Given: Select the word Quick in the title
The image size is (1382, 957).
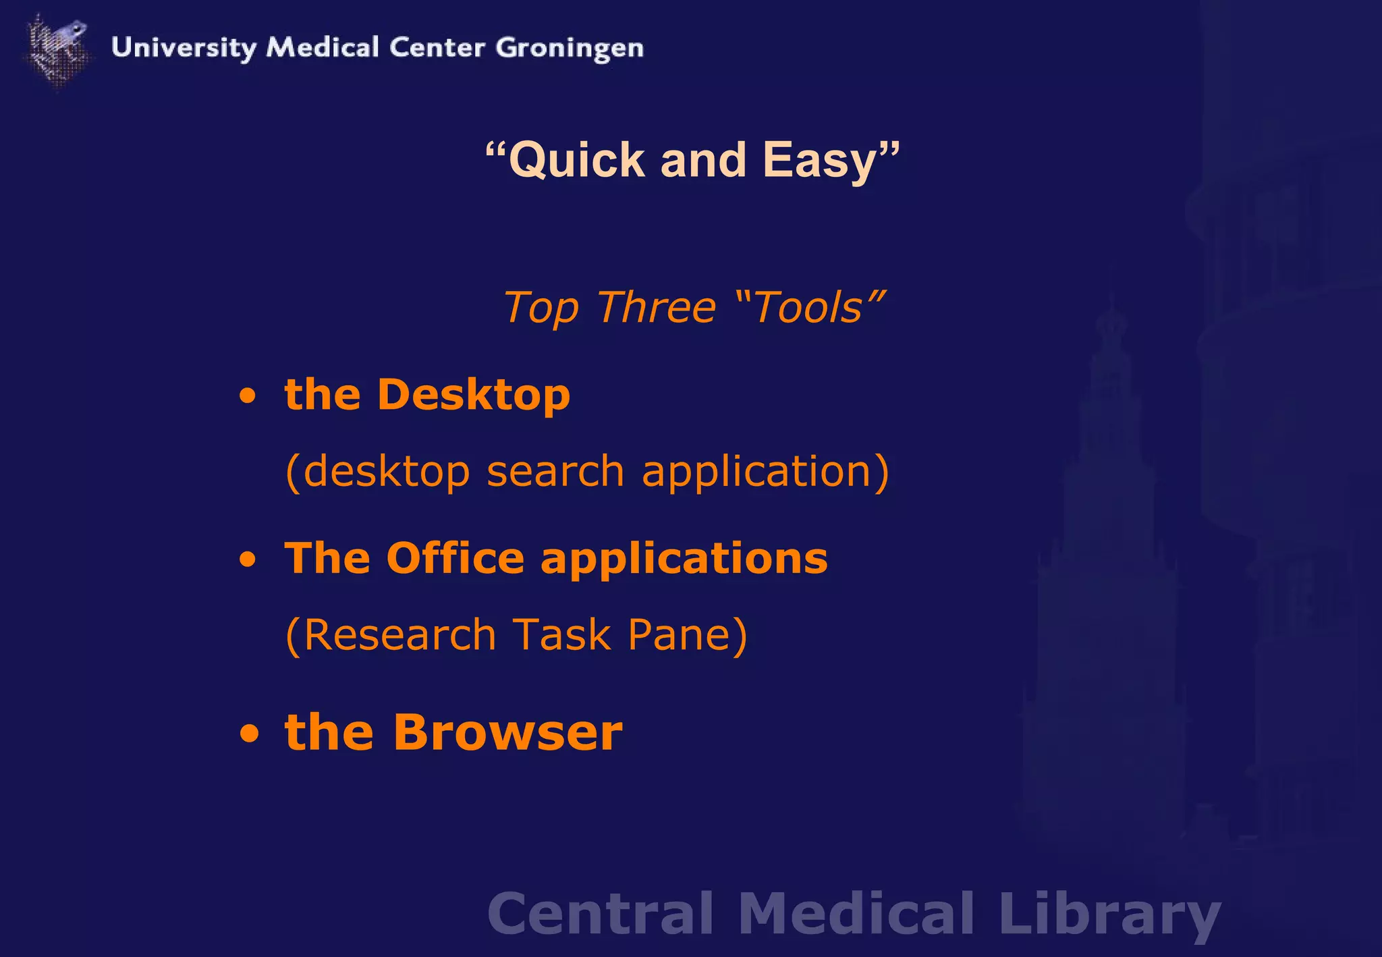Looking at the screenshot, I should coord(577,161).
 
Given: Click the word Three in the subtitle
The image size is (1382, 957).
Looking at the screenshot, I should coord(656,308).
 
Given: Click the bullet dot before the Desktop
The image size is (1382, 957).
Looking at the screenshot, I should coord(248,395).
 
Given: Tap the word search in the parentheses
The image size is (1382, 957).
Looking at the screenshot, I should coord(555,470).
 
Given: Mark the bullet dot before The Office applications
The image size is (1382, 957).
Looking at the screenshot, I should coord(248,559).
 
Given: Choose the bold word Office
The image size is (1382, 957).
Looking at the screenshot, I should coord(455,559).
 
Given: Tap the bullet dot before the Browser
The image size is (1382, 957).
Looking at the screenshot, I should coord(249,734).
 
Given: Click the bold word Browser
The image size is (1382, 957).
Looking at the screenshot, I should coord(508,732).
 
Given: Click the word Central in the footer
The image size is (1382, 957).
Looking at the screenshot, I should coord(600,913).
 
